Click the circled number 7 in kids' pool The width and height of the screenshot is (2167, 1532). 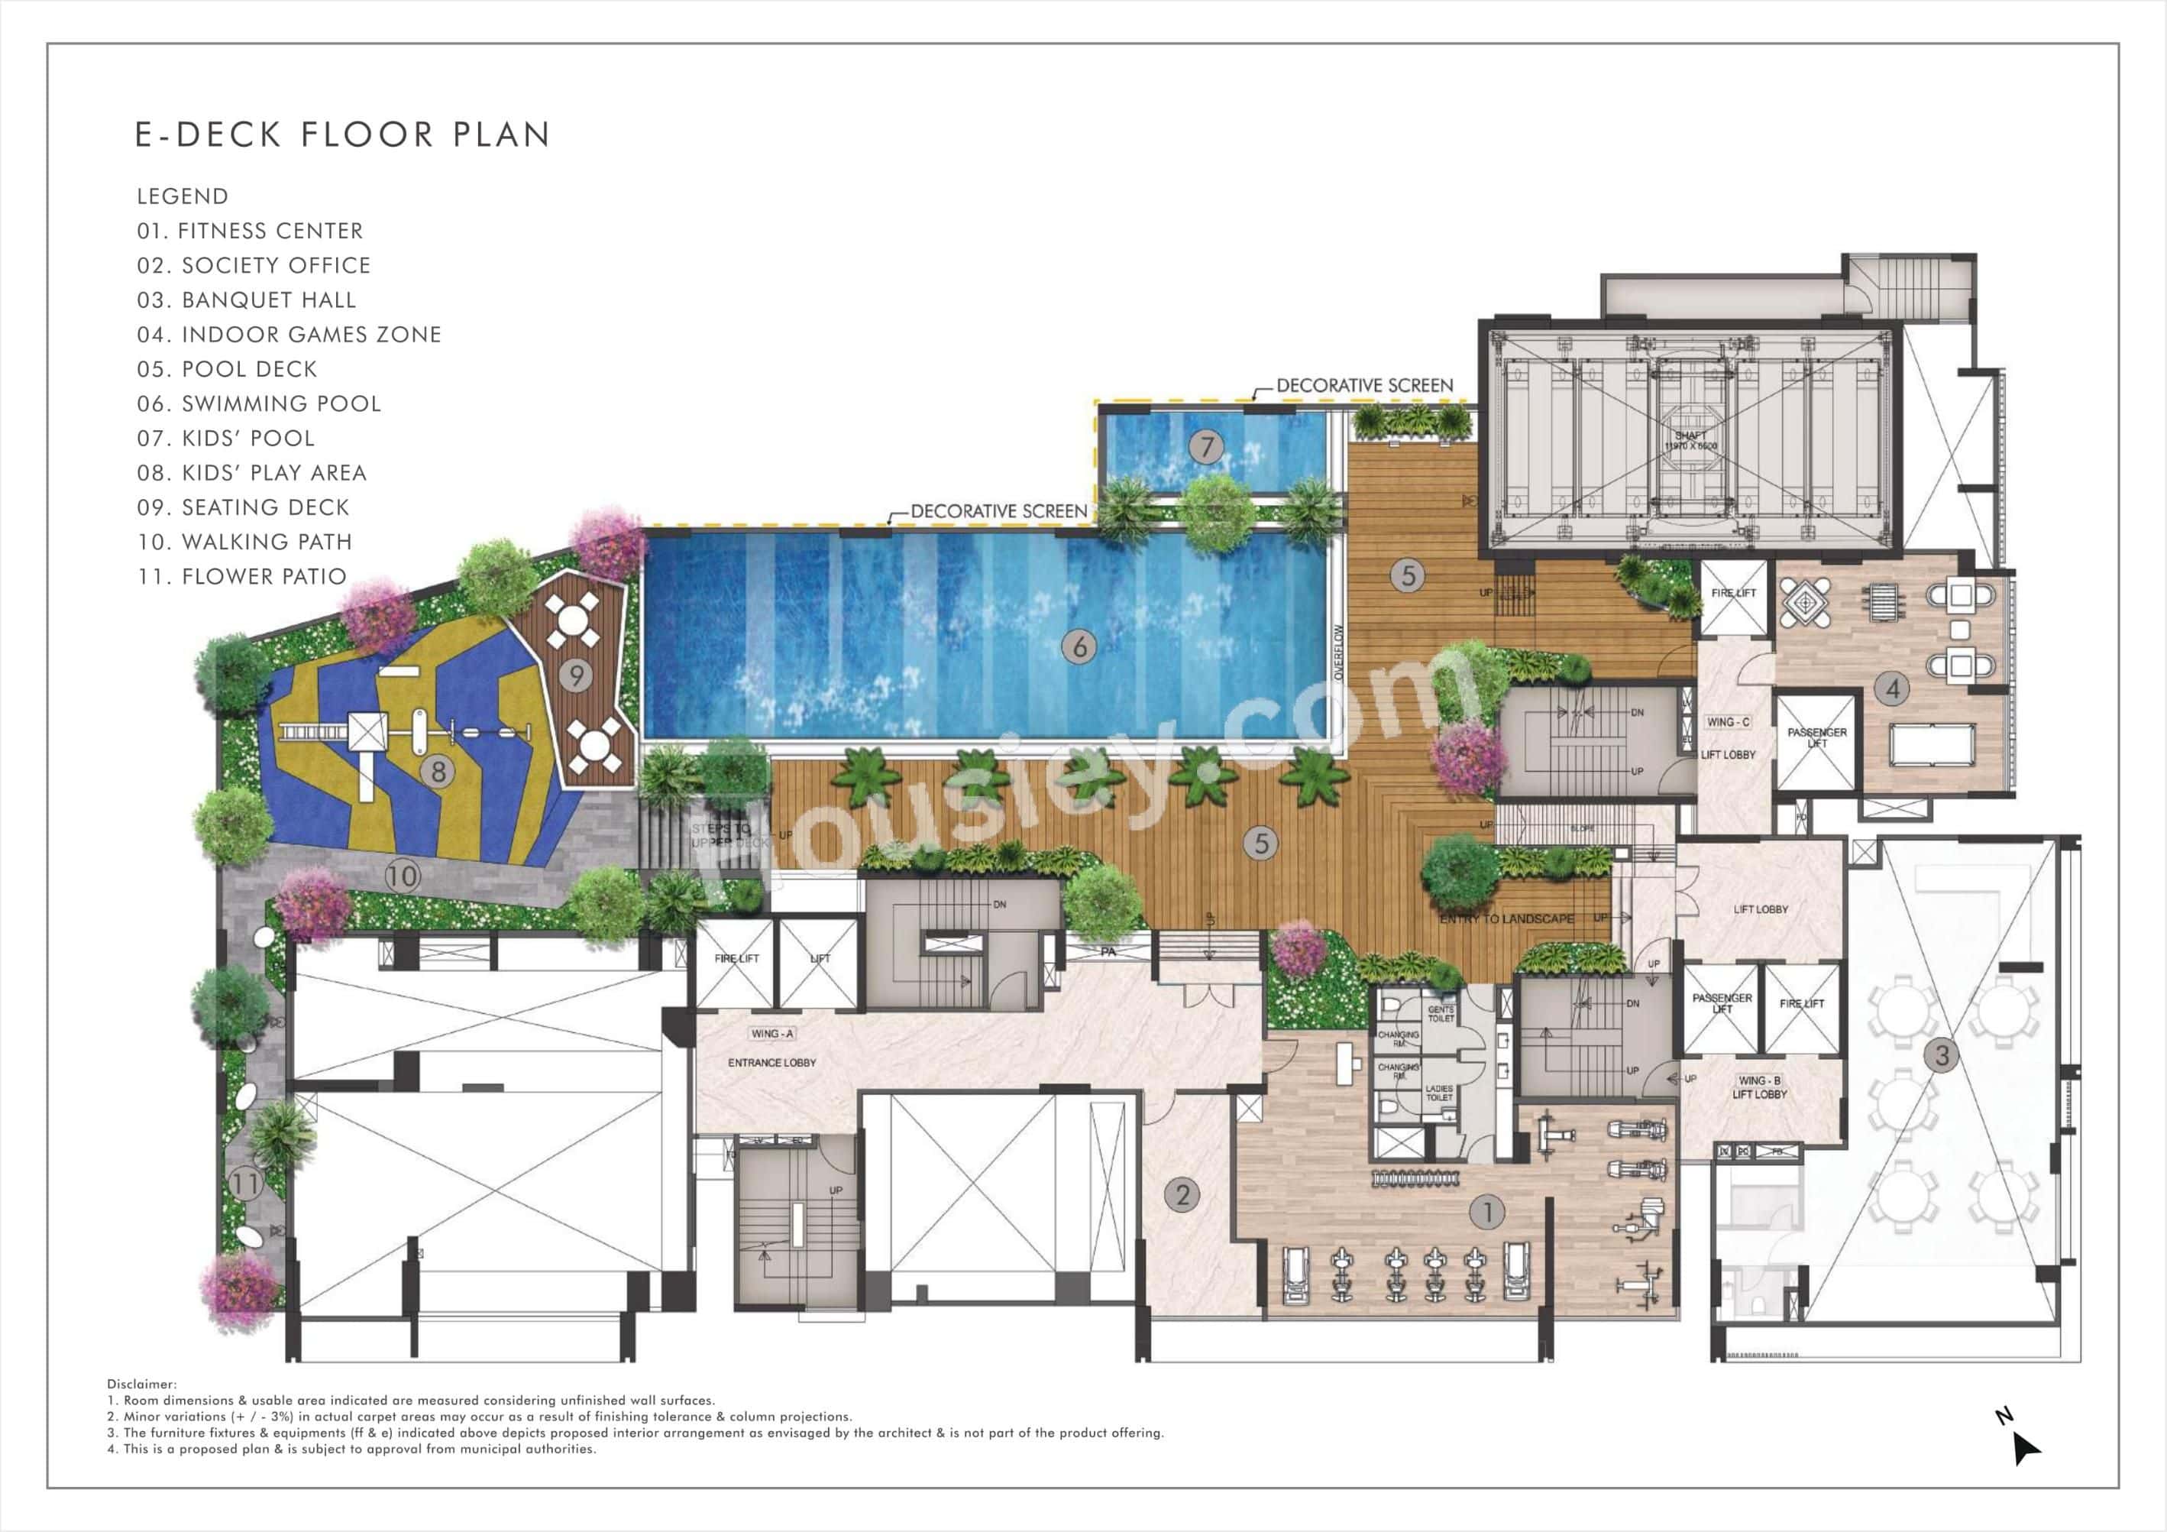click(1206, 446)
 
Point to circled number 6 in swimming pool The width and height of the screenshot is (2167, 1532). click(1080, 646)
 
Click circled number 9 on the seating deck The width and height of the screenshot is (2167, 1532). click(576, 675)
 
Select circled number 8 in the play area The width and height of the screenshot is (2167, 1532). click(438, 771)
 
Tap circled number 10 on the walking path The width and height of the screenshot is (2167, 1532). click(402, 876)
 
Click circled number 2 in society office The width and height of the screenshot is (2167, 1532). click(1182, 1195)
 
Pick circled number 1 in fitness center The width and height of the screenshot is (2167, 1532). click(1487, 1212)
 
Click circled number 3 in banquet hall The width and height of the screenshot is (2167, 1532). click(1942, 1054)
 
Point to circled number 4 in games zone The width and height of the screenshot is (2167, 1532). click(1892, 689)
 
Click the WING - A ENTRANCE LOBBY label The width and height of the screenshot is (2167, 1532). click(772, 1048)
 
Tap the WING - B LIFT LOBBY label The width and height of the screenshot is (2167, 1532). click(1759, 1087)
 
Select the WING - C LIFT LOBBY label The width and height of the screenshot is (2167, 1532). click(1728, 738)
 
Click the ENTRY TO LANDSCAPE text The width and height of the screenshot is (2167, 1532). click(1506, 918)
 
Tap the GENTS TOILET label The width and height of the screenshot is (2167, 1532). click(1441, 1014)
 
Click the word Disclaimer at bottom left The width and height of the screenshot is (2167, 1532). click(141, 1385)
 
